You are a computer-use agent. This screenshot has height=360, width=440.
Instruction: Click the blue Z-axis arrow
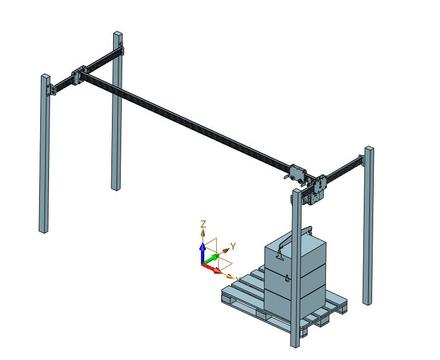coord(202,253)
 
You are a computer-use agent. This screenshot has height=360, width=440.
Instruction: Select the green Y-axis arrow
coord(212,259)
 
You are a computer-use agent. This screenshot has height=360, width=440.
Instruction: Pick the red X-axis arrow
coord(212,268)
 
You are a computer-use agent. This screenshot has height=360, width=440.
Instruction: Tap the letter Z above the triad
coord(203,224)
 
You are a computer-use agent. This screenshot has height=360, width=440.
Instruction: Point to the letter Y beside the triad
coord(233,246)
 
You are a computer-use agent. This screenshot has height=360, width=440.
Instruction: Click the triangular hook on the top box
coord(279,256)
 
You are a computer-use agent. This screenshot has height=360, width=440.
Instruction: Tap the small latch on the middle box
coord(287,278)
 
